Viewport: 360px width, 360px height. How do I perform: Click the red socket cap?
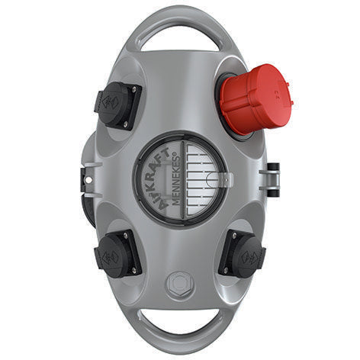click(257, 98)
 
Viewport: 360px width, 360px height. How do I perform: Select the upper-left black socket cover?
click(118, 105)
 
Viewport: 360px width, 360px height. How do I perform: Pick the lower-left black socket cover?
click(118, 254)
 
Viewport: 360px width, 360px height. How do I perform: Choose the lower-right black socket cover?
click(242, 253)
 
